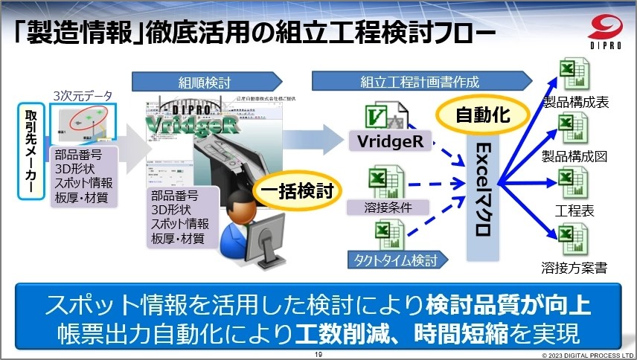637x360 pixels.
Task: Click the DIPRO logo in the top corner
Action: tap(607, 29)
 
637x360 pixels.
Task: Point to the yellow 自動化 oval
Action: tap(482, 115)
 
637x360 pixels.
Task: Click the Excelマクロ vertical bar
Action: tap(482, 190)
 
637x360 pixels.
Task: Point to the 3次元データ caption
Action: tap(83, 96)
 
